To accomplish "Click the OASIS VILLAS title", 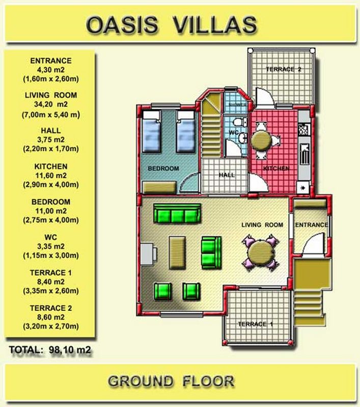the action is [x=172, y=24].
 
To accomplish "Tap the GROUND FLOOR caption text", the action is [x=171, y=381].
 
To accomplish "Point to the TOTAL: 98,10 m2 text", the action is [x=50, y=350].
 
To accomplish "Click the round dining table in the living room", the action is [x=260, y=253].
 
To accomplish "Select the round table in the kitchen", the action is [x=261, y=140].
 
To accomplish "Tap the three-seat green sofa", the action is [x=177, y=213].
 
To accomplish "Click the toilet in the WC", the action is [x=239, y=122].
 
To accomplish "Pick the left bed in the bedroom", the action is [x=151, y=131].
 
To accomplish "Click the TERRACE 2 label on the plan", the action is [x=284, y=69].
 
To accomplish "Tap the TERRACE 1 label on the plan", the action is [x=256, y=324].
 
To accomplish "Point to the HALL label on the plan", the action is [x=227, y=175].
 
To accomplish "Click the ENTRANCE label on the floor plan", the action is [x=312, y=225].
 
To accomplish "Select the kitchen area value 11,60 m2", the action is [x=51, y=176].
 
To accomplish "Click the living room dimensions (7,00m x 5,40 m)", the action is [x=51, y=114].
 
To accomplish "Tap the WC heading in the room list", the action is [x=50, y=237].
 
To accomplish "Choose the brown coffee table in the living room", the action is [x=177, y=252].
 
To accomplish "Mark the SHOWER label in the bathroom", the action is [x=237, y=104].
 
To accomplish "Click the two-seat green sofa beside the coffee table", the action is [x=211, y=252].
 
